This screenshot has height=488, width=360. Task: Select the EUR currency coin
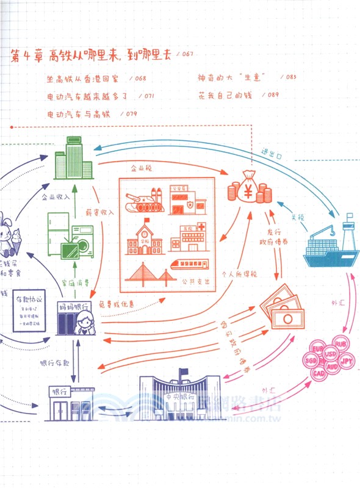(317, 348)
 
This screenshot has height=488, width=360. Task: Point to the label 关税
(297, 217)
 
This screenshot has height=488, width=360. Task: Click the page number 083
(290, 77)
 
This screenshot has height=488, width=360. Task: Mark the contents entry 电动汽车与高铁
(83, 113)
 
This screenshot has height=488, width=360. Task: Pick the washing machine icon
(82, 238)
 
